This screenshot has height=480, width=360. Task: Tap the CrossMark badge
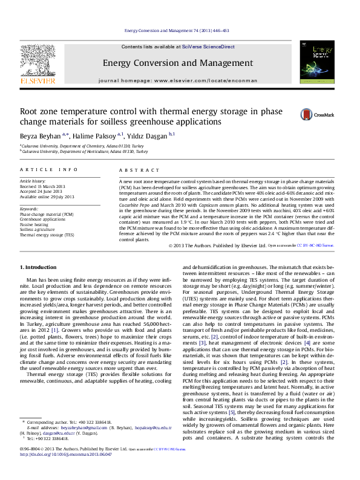point(314,114)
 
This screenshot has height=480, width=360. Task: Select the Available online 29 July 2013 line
point(47,197)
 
